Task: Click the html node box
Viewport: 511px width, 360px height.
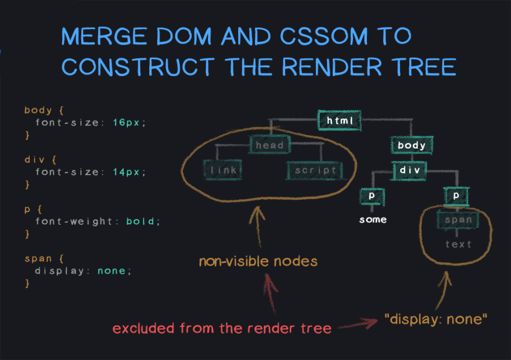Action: (x=340, y=121)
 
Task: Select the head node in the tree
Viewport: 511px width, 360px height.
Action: (x=269, y=145)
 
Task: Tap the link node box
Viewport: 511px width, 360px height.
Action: (x=224, y=170)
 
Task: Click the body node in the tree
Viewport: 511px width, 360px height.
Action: (x=412, y=145)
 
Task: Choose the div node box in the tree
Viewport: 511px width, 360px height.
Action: (x=412, y=170)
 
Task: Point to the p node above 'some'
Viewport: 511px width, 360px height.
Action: (x=372, y=196)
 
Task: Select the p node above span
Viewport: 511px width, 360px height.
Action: (x=457, y=196)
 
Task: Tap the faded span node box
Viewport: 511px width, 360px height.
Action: (x=458, y=221)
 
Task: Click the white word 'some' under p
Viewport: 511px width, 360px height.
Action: (x=372, y=219)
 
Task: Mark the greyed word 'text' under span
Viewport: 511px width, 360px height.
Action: (x=458, y=244)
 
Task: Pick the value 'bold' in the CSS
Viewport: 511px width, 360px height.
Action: (x=142, y=221)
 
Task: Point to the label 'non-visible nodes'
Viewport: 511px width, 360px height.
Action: (x=258, y=261)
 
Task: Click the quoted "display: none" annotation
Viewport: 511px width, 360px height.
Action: (x=436, y=318)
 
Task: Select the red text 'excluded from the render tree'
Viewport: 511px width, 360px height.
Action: (x=222, y=329)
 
